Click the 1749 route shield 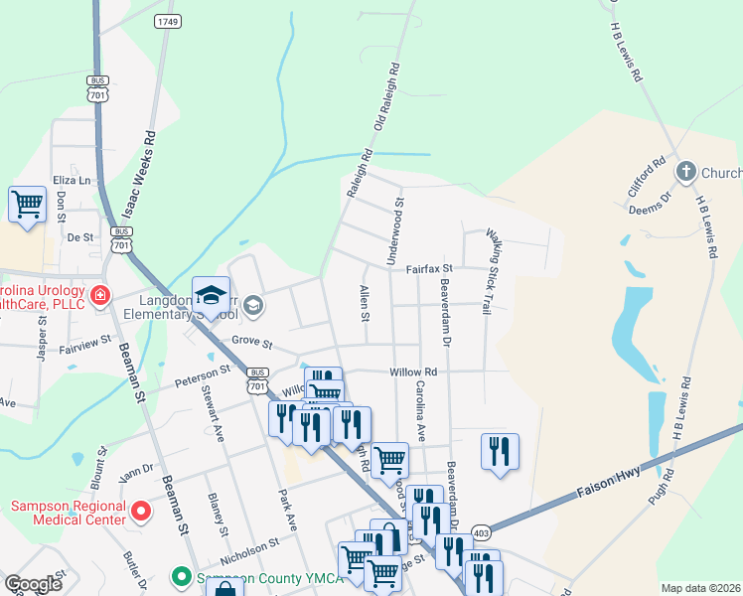coord(167,21)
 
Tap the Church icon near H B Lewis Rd coord(685,173)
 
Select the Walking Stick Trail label coord(489,272)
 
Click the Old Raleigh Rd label coord(386,99)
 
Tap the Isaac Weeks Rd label coord(136,173)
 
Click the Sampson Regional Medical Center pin coord(141,513)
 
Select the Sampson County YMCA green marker coord(181,576)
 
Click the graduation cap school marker coord(211,294)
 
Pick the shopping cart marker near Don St coord(27,205)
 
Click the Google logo coord(33,584)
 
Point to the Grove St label coord(251,342)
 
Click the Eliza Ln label coord(72,180)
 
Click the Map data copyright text coord(700,588)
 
